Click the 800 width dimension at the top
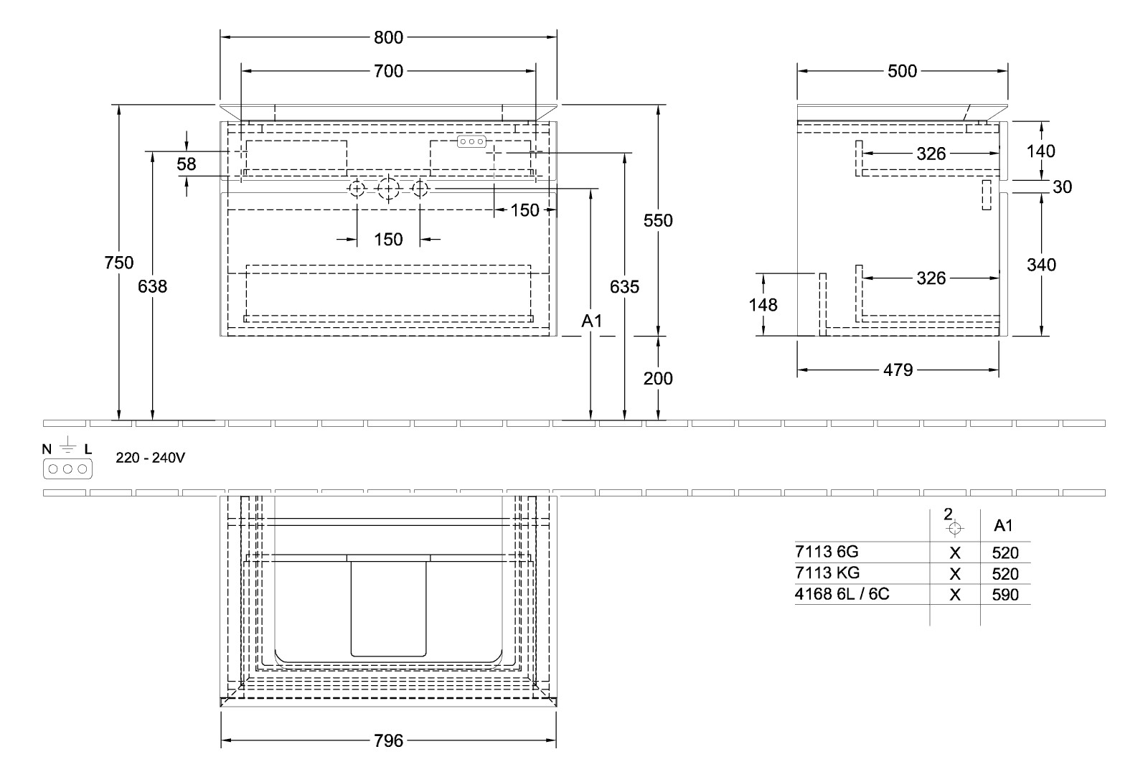coord(388,37)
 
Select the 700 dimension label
coord(388,71)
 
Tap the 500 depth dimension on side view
coord(902,71)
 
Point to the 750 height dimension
coord(118,263)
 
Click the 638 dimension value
coord(152,286)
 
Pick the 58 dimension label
coord(187,164)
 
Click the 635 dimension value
coord(624,287)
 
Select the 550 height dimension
coord(658,220)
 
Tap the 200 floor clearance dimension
coord(658,378)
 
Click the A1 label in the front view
coord(591,322)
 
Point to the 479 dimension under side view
coord(898,370)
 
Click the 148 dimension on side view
coord(763,305)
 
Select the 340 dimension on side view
coord(1041,265)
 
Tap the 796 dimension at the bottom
coord(388,740)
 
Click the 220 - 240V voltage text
coord(151,457)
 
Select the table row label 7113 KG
coord(827,573)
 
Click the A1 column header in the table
coord(1003,525)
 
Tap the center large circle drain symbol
coord(388,189)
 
